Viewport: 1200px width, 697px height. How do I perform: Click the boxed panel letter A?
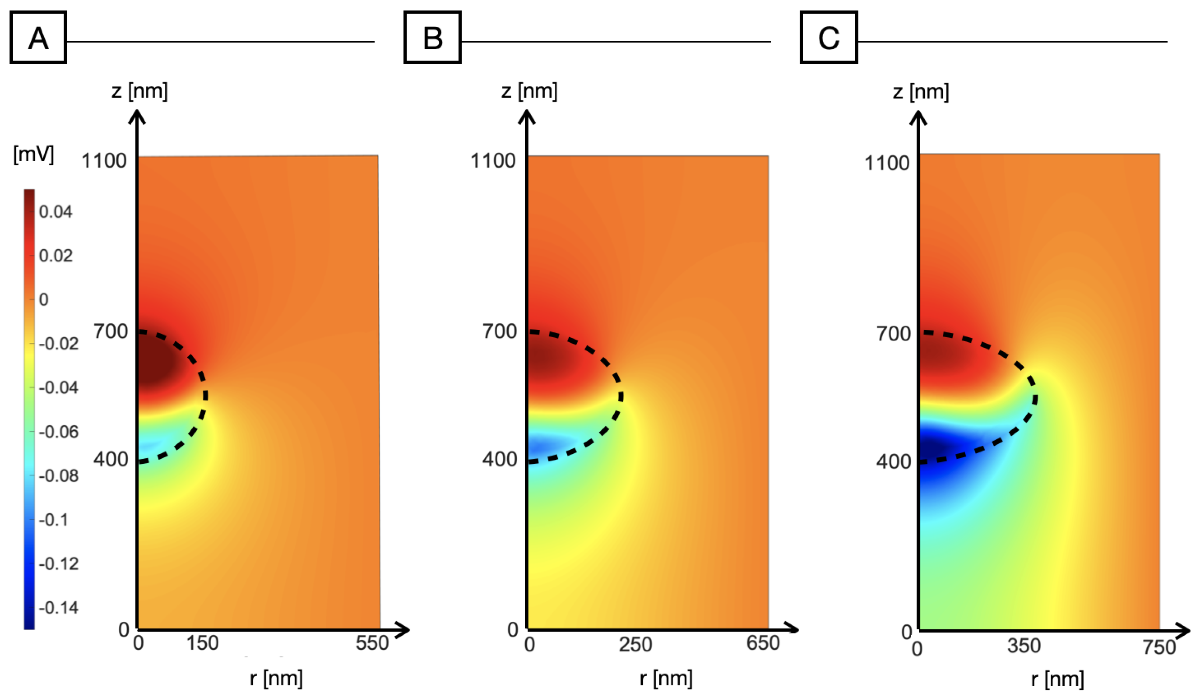(x=38, y=38)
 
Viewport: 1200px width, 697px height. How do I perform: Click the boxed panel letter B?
(x=432, y=38)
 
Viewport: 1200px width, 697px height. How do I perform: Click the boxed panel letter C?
(x=828, y=38)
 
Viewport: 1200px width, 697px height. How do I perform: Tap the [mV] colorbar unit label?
(x=33, y=154)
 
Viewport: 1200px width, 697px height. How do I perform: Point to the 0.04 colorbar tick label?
(x=56, y=212)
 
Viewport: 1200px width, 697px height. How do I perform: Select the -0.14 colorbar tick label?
(x=58, y=608)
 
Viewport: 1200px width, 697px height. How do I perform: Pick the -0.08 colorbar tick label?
(x=58, y=475)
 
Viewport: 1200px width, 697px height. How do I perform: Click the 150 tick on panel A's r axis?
(x=202, y=643)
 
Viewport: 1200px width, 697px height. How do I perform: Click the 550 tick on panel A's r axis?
(x=372, y=643)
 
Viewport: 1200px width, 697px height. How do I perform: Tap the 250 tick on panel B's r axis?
(x=635, y=645)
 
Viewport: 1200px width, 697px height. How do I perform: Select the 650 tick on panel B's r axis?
(x=763, y=643)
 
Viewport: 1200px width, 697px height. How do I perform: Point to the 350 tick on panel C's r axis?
(x=1024, y=646)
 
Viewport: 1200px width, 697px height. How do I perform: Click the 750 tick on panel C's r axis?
(x=1160, y=647)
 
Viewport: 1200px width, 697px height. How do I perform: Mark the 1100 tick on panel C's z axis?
(x=887, y=163)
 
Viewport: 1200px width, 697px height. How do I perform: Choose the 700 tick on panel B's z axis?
(x=500, y=332)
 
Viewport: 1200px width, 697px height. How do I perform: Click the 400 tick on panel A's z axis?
(x=110, y=459)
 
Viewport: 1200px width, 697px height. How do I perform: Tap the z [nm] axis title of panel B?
(x=529, y=90)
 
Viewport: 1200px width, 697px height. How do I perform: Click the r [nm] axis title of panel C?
(x=1058, y=679)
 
